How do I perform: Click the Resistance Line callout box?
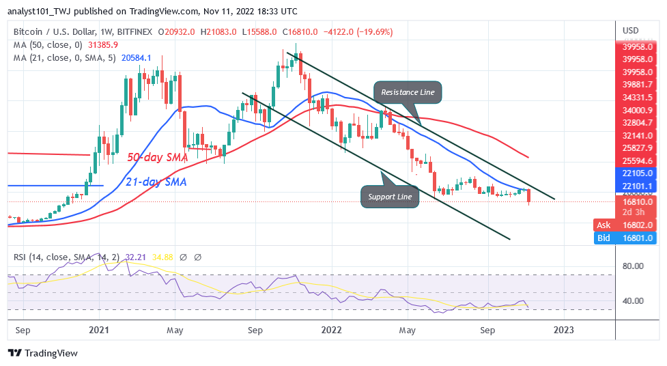(x=408, y=92)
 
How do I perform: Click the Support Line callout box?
(x=388, y=197)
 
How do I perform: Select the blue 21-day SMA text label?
(x=156, y=182)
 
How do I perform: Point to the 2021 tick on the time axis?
(x=99, y=330)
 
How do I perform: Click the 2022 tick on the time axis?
(x=332, y=330)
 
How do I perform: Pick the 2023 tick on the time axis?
(x=564, y=330)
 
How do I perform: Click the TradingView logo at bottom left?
(x=42, y=353)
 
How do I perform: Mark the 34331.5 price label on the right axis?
(x=638, y=97)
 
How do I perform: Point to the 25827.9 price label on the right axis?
(x=638, y=147)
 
